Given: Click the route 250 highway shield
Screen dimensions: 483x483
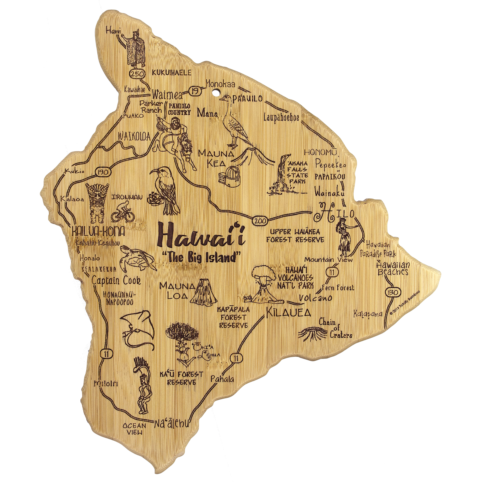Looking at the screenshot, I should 137,74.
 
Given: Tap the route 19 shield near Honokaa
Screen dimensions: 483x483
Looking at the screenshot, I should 195,91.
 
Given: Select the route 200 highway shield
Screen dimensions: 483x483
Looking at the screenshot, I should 260,221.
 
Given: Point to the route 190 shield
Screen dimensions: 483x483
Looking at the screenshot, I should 103,172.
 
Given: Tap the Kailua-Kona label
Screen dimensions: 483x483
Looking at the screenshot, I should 98,231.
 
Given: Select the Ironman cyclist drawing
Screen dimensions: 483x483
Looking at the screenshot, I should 122,212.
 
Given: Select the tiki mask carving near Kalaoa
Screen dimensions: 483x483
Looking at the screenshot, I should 97,203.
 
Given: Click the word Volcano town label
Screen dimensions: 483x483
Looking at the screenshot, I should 315,298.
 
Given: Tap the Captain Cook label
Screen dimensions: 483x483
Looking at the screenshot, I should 116,281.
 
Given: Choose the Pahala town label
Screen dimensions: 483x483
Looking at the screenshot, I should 222,379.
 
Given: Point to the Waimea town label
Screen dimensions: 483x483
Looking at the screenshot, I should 167,95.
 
